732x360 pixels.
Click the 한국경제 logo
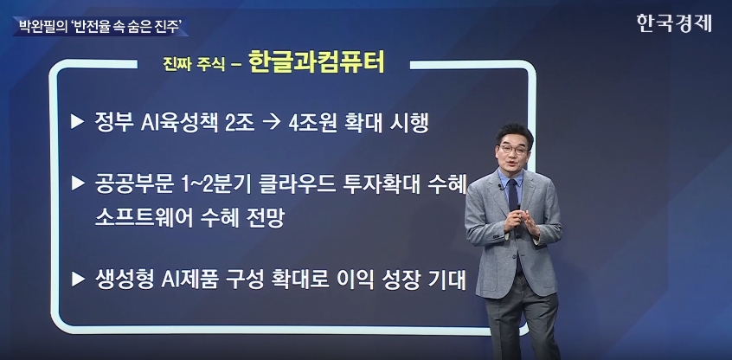674,22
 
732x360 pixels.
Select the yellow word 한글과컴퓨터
317,62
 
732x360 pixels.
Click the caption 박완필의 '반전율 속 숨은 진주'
100,26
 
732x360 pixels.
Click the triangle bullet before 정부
78,122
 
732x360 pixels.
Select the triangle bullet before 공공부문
78,183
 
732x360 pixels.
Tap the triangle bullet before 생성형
78,279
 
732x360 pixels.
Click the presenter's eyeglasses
513,150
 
